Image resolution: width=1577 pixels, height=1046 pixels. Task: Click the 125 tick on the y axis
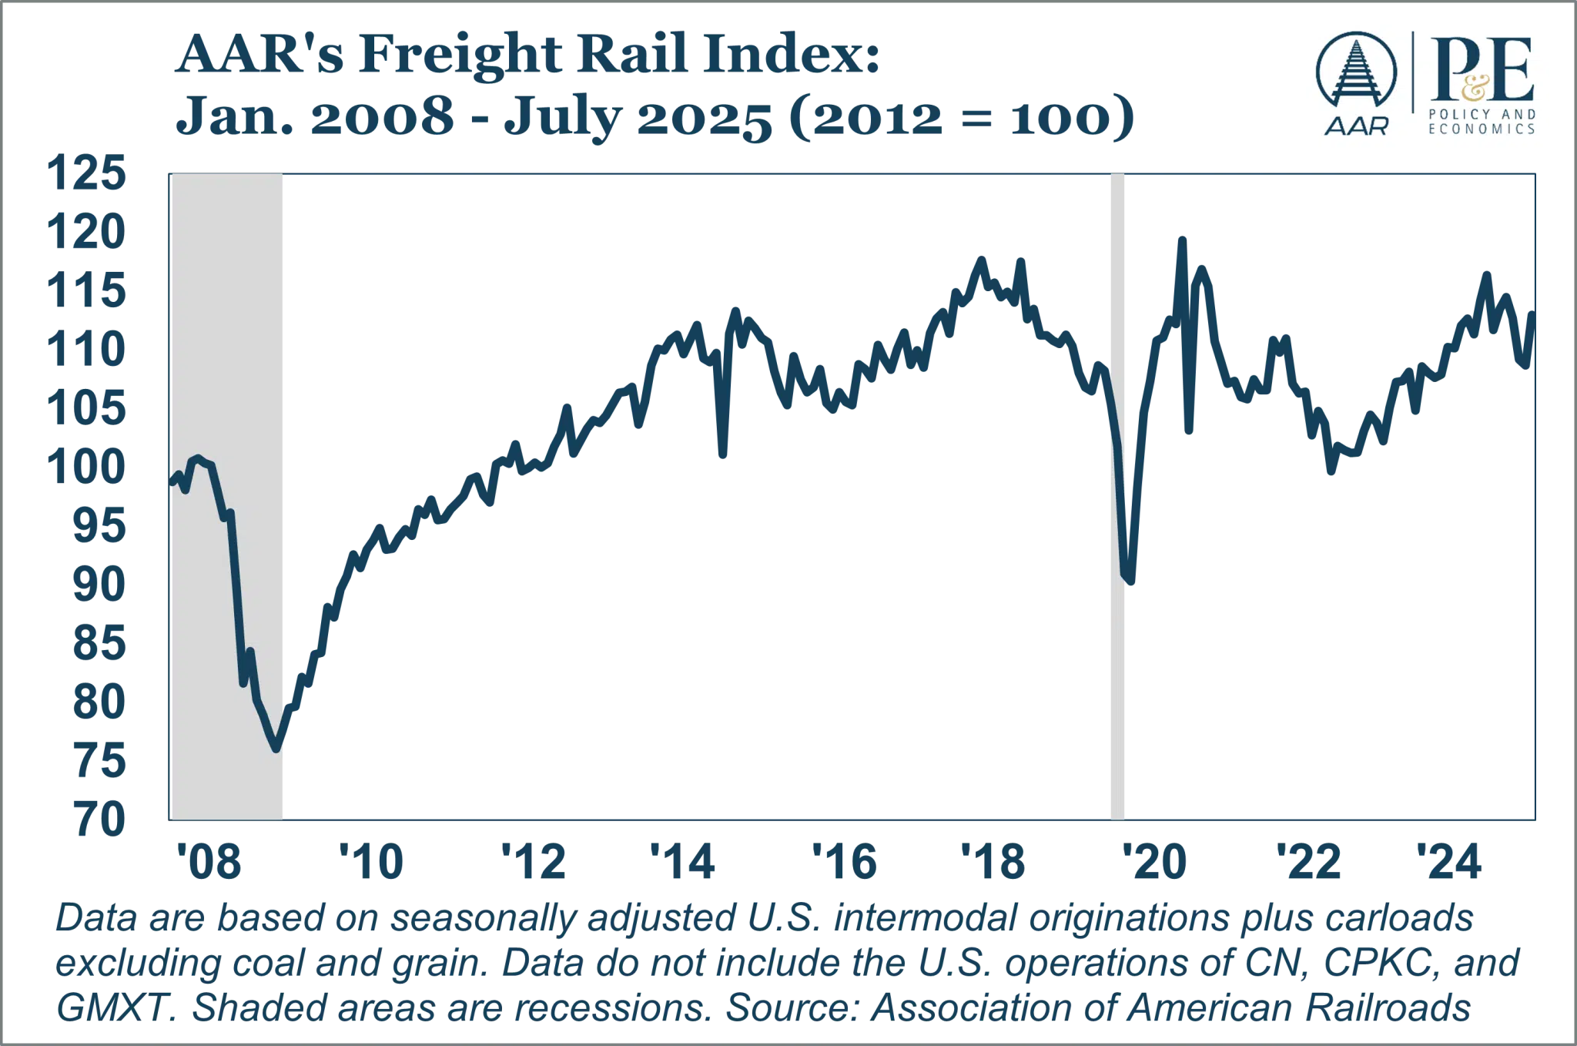click(86, 174)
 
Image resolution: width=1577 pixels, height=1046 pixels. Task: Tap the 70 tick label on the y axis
click(100, 820)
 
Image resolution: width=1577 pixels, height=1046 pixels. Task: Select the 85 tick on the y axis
click(99, 643)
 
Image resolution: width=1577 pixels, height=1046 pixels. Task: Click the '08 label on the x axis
click(209, 861)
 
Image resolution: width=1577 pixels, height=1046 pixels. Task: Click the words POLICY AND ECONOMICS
click(1482, 122)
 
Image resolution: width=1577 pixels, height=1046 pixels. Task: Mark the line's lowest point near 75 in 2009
click(276, 747)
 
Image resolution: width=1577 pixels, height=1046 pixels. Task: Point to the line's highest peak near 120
click(1183, 239)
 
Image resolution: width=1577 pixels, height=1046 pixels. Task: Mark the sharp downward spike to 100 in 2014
click(723, 458)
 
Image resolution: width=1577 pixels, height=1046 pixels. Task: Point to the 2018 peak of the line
click(980, 260)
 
